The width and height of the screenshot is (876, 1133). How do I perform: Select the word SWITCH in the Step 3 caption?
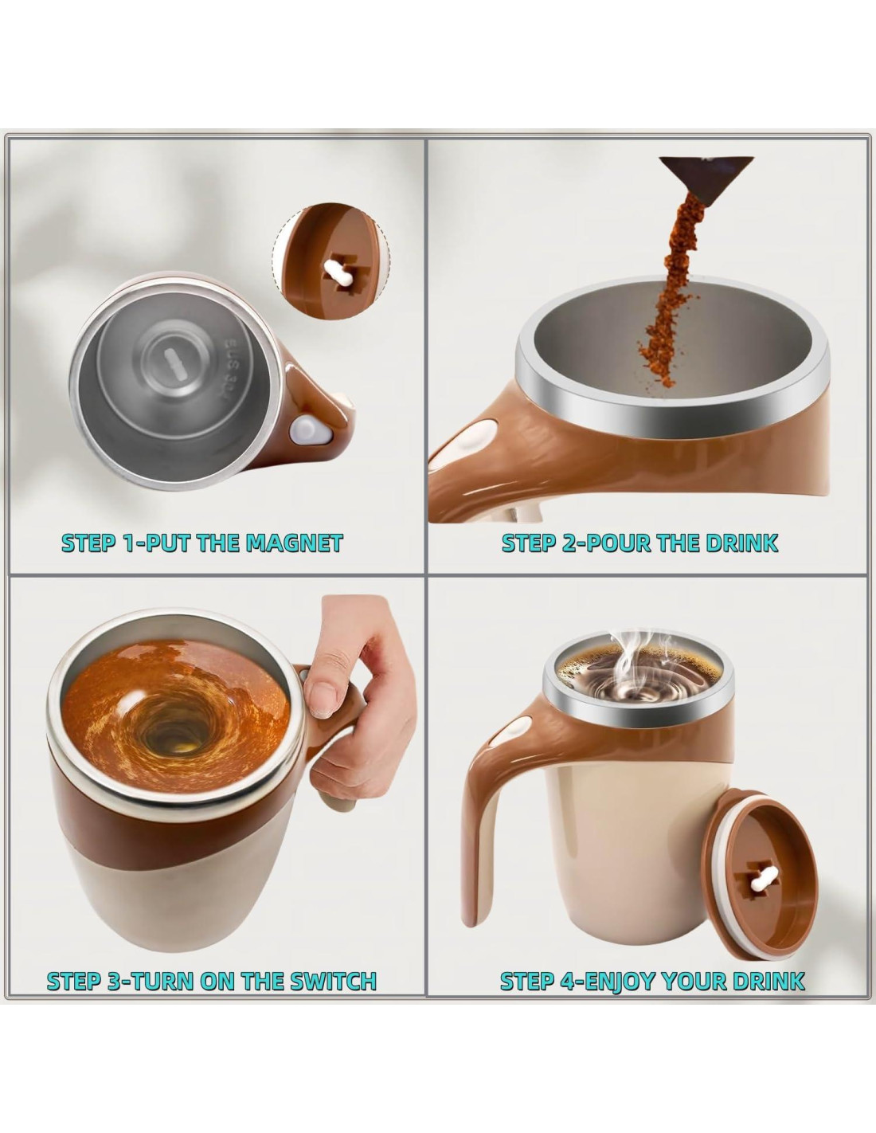332,981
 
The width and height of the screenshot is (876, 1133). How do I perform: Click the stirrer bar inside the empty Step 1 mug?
172,364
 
